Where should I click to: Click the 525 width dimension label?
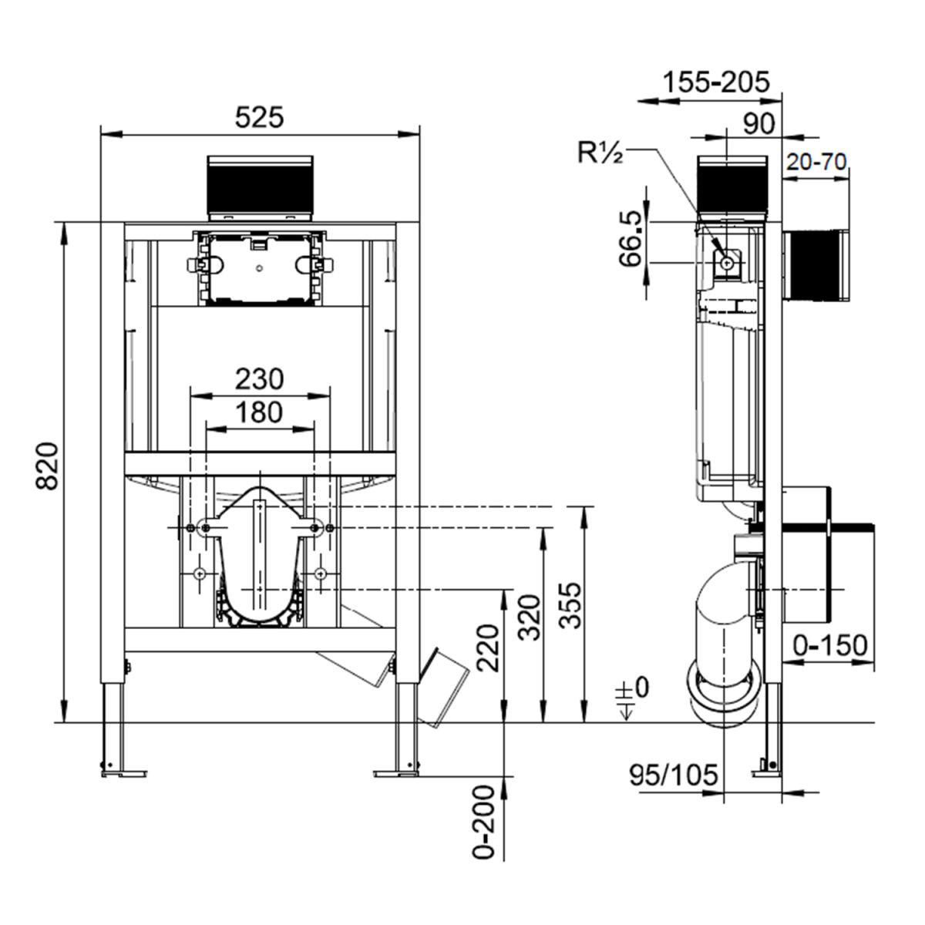(x=260, y=117)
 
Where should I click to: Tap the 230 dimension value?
(x=260, y=378)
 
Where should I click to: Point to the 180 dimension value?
(x=260, y=412)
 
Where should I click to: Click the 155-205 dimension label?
(x=718, y=82)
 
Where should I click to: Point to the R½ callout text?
(x=600, y=153)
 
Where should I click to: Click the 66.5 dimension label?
(x=631, y=240)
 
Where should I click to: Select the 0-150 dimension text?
(x=831, y=646)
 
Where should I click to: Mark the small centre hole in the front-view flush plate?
(x=261, y=270)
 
